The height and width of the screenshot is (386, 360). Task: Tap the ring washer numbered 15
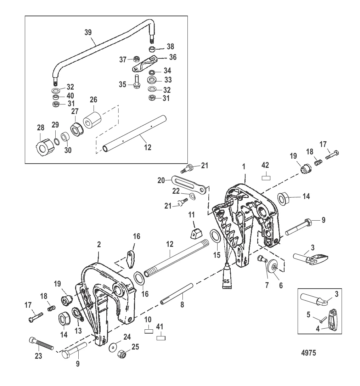click(x=215, y=236)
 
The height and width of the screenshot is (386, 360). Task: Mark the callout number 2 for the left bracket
click(x=99, y=244)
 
